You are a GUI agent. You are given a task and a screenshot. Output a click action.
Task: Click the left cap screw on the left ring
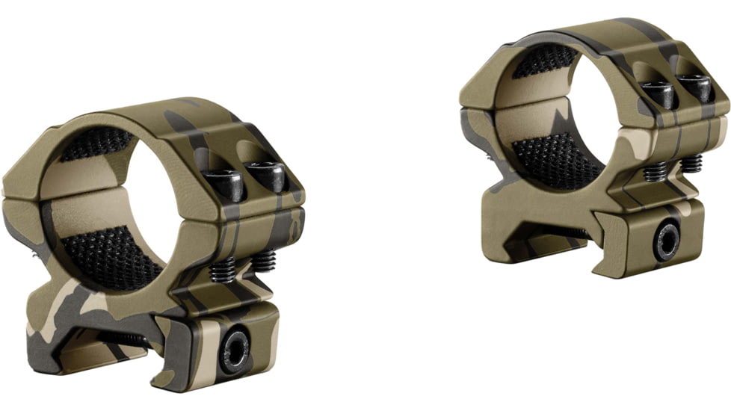point(224,182)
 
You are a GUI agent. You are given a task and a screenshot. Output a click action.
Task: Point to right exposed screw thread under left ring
point(263,261)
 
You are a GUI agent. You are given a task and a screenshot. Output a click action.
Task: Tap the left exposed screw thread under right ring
point(656,172)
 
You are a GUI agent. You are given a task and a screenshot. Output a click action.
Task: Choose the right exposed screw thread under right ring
point(691,163)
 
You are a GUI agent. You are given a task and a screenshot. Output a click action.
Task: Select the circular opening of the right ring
point(557,112)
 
